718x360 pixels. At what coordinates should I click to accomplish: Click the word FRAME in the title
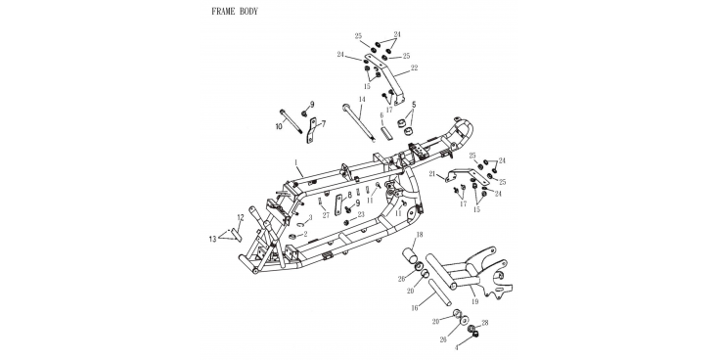223,12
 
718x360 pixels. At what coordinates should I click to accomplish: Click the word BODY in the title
249,12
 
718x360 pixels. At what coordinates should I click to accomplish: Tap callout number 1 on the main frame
296,162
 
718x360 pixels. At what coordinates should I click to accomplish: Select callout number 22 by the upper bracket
414,67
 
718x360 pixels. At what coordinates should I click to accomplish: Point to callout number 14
362,99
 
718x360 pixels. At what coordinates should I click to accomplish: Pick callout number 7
323,123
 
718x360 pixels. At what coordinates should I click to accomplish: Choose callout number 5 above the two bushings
414,105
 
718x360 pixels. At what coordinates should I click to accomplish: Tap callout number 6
381,116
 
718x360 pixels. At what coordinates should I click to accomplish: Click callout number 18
420,235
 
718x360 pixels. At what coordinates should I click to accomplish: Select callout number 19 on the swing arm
474,301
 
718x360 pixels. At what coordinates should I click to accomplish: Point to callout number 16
415,308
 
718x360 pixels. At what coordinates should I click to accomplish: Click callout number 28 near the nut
485,323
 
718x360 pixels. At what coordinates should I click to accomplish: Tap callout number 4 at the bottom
456,348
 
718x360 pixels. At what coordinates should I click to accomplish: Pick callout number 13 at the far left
212,239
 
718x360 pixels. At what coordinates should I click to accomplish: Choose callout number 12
241,217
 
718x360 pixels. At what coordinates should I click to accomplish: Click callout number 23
361,214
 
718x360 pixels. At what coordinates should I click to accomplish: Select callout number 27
326,215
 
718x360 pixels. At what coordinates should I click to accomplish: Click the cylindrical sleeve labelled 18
410,255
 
